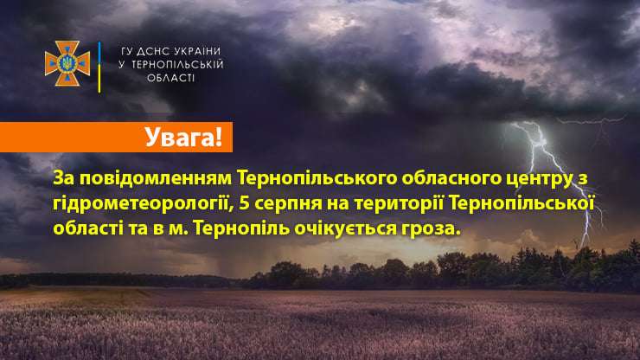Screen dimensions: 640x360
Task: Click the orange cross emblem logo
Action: click(x=67, y=63)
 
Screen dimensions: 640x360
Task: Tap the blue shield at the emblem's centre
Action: click(x=67, y=63)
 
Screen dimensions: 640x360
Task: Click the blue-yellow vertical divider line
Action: click(x=99, y=67)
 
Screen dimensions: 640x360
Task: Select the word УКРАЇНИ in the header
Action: click(x=197, y=51)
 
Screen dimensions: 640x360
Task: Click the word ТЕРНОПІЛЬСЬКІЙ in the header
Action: click(x=177, y=65)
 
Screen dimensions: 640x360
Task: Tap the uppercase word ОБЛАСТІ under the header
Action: click(x=171, y=78)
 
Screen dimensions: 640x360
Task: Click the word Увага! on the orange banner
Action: click(x=183, y=137)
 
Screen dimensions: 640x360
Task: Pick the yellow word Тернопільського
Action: click(x=317, y=178)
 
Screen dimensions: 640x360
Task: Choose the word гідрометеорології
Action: click(x=144, y=204)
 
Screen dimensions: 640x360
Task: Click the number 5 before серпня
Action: click(x=245, y=203)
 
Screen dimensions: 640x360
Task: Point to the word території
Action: click(x=399, y=203)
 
